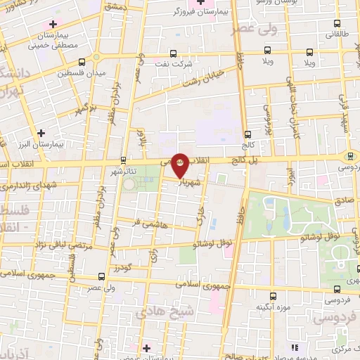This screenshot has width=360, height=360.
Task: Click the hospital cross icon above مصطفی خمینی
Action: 53,25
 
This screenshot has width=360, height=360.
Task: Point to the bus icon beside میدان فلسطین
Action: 83,61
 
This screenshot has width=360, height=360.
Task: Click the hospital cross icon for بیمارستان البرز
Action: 41,131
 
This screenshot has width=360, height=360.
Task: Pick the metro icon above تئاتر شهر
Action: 124,160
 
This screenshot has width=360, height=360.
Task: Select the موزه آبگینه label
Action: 270,306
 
